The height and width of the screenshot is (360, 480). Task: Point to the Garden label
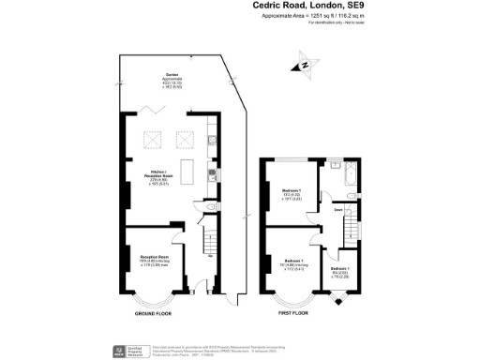pyautogui.click(x=172, y=80)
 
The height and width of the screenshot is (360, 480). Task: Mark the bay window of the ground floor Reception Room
pyautogui.click(x=150, y=301)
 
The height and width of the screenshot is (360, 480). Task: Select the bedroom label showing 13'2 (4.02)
pyautogui.click(x=291, y=194)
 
